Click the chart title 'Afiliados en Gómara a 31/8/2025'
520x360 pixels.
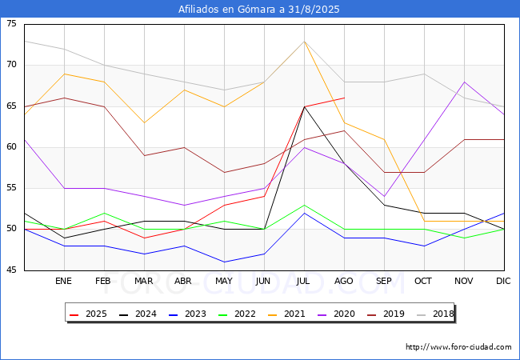[258, 9]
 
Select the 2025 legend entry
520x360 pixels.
[88, 314]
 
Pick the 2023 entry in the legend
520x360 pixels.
[187, 314]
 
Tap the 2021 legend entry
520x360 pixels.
[286, 314]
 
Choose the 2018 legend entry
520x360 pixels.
[435, 314]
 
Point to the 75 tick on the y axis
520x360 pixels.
[11, 23]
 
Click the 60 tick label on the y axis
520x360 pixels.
[11, 147]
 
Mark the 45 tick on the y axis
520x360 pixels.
[11, 270]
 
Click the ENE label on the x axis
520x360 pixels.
[63, 281]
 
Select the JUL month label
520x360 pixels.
[303, 281]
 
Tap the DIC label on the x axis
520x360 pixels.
[503, 281]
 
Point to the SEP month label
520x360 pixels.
[384, 281]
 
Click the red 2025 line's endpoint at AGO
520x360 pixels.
[344, 98]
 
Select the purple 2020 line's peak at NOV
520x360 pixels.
[464, 82]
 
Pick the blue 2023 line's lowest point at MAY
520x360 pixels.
[224, 262]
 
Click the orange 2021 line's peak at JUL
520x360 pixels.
[304, 42]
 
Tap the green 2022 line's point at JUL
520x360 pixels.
[304, 205]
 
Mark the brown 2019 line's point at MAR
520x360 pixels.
[144, 155]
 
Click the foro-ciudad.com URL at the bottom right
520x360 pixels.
[458, 347]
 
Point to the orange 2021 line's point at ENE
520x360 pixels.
[64, 74]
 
